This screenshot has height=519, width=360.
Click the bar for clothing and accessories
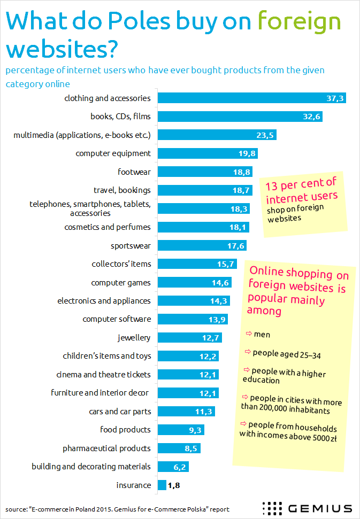point(251,98)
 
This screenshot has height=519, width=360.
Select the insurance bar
point(162,485)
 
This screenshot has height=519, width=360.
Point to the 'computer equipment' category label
point(113,153)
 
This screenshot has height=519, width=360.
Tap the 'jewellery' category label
point(134,338)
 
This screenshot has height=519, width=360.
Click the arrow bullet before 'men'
point(249,334)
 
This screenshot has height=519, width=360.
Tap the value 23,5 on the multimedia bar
point(265,135)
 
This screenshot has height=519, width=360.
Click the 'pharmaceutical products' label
point(106,448)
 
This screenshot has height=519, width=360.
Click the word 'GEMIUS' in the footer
point(320,508)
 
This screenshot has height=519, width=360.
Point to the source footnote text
point(118,509)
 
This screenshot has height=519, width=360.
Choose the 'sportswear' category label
point(131,246)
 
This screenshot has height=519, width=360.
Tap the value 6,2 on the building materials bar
point(179,467)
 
